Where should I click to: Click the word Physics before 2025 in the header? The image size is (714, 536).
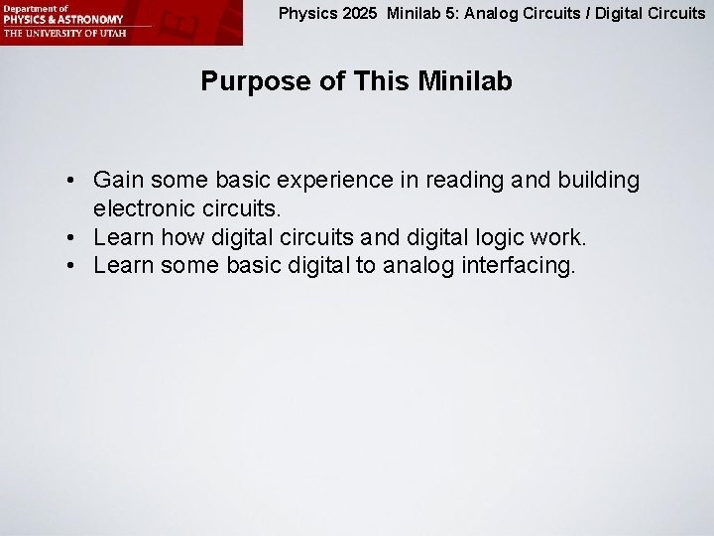[x=306, y=14]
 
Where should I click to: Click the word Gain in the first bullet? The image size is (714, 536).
[x=116, y=181]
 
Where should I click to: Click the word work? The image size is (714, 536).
[x=560, y=238]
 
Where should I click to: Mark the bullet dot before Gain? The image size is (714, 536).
[x=73, y=182]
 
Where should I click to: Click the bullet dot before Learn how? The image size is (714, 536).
[x=73, y=239]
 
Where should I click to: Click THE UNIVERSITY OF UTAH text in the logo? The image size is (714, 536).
[x=59, y=32]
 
